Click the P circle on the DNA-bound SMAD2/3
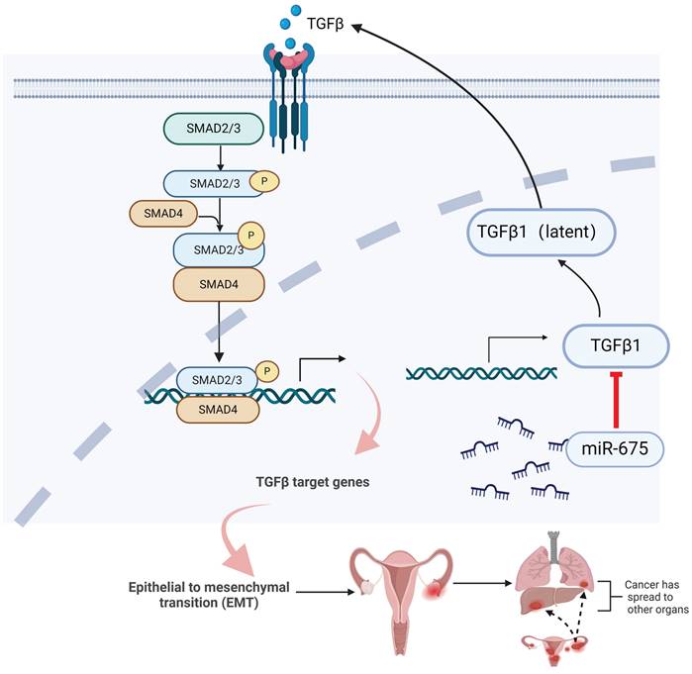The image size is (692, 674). [265, 371]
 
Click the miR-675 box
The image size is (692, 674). [613, 447]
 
